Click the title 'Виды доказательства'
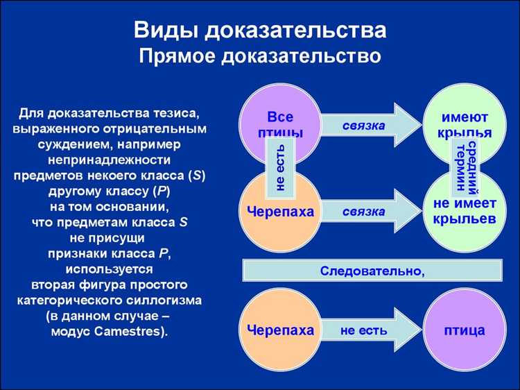pyautogui.click(x=260, y=31)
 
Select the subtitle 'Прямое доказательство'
pyautogui.click(x=260, y=56)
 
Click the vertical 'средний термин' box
pyautogui.click(x=465, y=165)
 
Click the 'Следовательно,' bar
pyautogui.click(x=372, y=270)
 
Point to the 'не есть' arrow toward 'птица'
pyautogui.click(x=367, y=330)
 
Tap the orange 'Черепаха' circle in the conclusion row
pyautogui.click(x=280, y=330)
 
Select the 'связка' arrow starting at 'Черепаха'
pyautogui.click(x=367, y=212)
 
